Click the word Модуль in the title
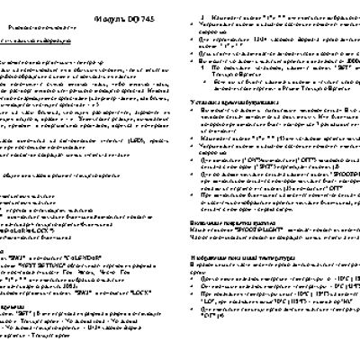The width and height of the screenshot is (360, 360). coord(83,17)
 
